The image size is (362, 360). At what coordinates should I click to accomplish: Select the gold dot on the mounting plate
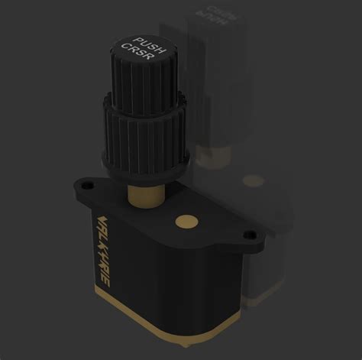183,222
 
